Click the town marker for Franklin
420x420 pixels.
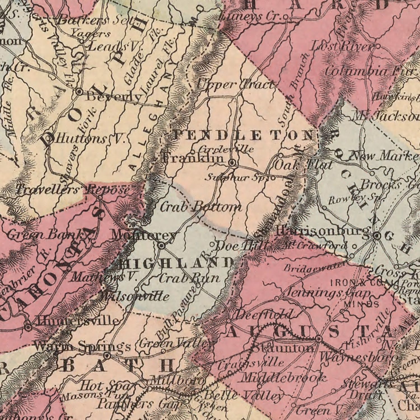click(x=232, y=163)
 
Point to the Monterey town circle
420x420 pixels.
click(x=161, y=246)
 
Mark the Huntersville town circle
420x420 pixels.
click(x=28, y=326)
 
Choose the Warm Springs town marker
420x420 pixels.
click(x=107, y=356)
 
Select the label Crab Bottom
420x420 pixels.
click(x=200, y=207)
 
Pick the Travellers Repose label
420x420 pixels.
click(x=73, y=190)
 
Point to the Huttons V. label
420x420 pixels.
click(x=90, y=139)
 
